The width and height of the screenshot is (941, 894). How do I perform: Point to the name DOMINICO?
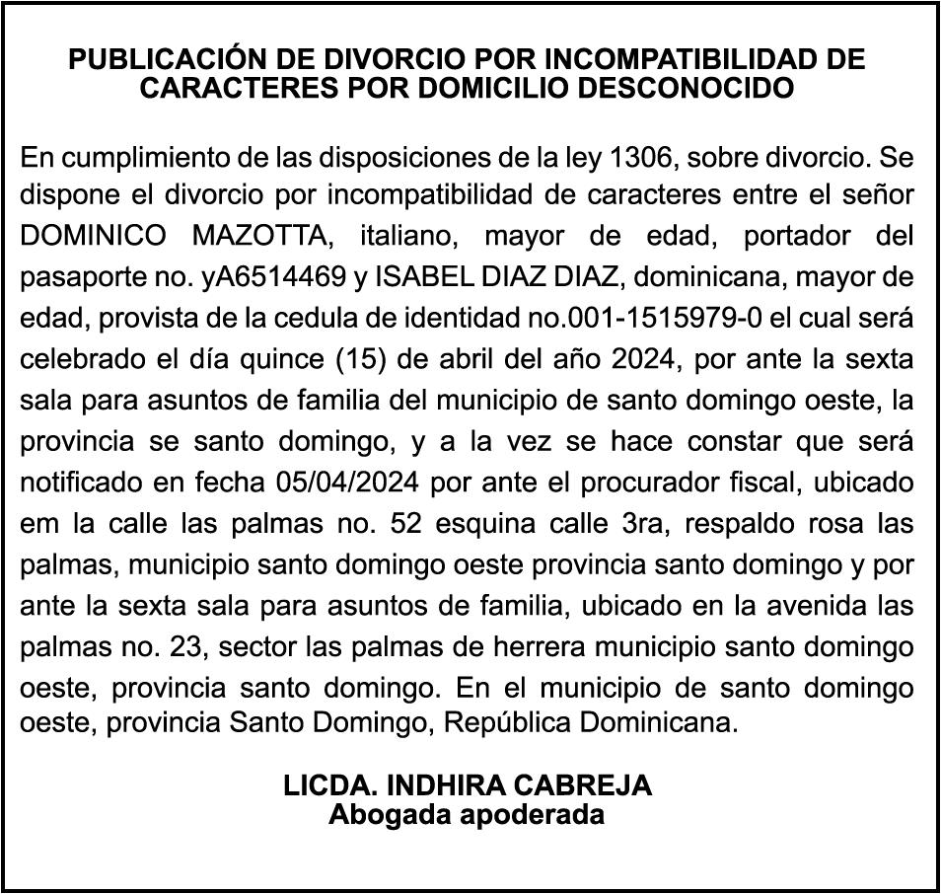pyautogui.click(x=96, y=238)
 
